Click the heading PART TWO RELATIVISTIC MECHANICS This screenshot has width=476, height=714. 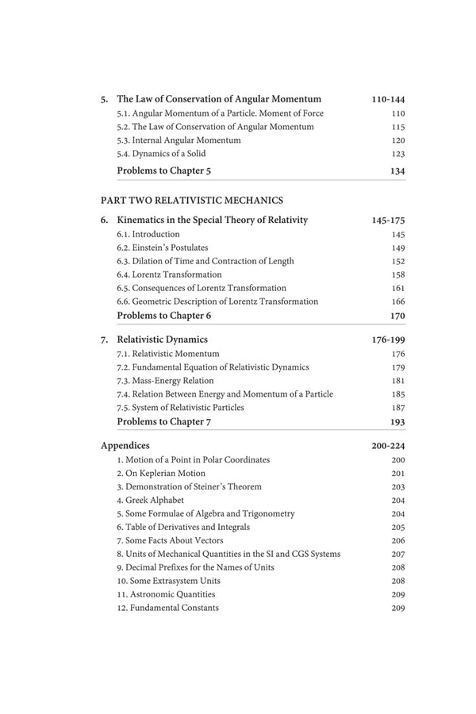(192, 200)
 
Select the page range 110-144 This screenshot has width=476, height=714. (388, 99)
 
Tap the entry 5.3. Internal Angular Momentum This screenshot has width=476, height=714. (178, 140)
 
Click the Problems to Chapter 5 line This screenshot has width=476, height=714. (163, 170)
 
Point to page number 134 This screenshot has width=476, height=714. (397, 170)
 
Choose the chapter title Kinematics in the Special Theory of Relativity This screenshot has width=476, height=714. (212, 220)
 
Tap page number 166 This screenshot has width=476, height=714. (398, 301)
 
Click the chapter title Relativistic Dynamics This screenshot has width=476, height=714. (162, 340)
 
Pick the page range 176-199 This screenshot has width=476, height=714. (388, 340)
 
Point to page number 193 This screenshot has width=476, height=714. (397, 422)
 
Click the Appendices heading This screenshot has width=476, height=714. (125, 446)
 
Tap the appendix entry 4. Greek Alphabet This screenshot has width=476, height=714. (150, 501)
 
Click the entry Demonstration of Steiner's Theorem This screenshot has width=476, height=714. (189, 487)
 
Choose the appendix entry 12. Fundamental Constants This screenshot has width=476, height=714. (167, 608)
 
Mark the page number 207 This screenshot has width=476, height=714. (398, 554)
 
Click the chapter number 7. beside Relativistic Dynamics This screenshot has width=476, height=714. (105, 340)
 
